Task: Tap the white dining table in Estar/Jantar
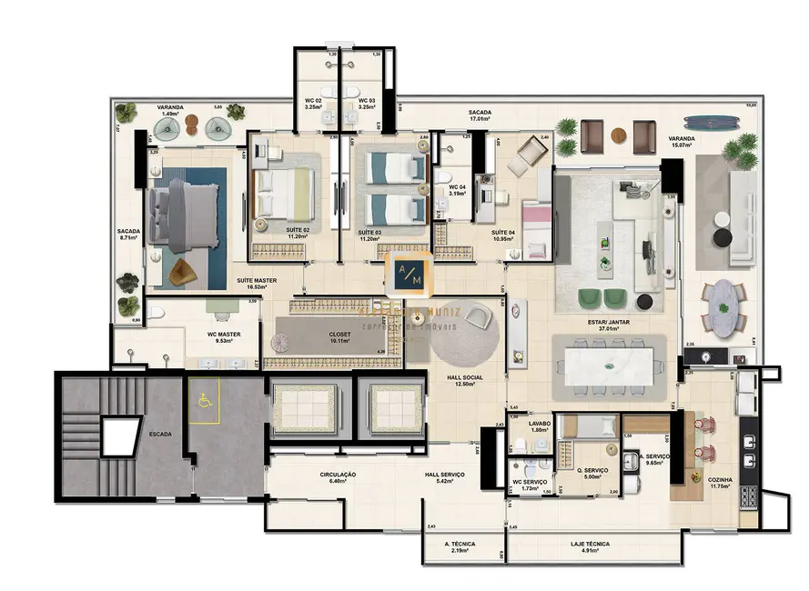pyautogui.click(x=609, y=366)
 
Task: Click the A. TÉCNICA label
pyautogui.click(x=461, y=545)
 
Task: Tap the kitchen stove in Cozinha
pyautogui.click(x=749, y=496)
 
